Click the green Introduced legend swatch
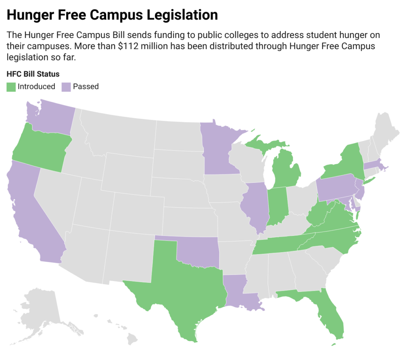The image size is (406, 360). point(11,86)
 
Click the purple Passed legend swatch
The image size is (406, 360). point(66,86)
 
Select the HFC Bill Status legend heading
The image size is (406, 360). point(33,74)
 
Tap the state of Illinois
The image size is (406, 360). point(256,206)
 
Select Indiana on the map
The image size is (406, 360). point(278,206)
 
